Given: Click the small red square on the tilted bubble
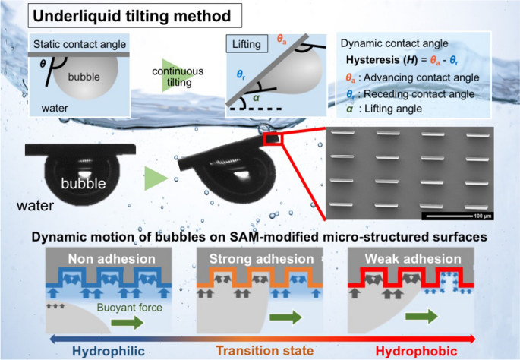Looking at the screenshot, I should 273,138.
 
